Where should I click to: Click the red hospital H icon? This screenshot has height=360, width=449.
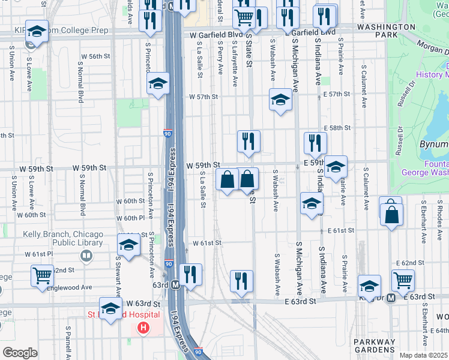click(143, 328)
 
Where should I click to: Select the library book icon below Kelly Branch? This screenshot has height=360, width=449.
click(86, 257)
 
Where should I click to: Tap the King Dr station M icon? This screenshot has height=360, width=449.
click(390, 297)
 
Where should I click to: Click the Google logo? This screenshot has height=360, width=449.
click(20, 353)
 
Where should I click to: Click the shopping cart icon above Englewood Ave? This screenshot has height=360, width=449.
click(43, 275)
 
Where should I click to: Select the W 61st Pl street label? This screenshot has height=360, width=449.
click(38, 254)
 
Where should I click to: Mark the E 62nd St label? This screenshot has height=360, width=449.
click(411, 263)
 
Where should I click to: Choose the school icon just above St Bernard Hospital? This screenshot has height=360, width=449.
click(110, 308)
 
